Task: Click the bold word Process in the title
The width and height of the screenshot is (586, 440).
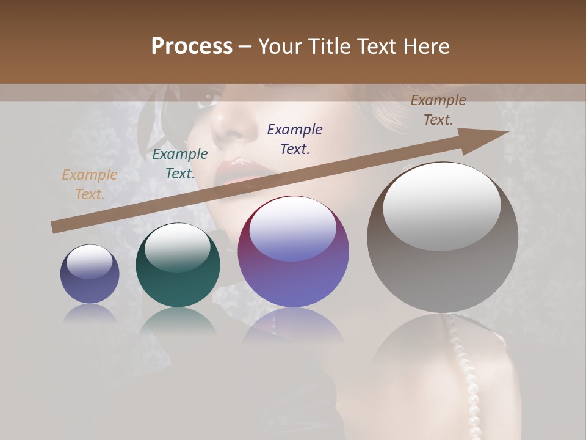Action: pyautogui.click(x=192, y=46)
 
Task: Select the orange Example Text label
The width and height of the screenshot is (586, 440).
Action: pyautogui.click(x=90, y=185)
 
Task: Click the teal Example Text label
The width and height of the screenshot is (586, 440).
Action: pyautogui.click(x=180, y=164)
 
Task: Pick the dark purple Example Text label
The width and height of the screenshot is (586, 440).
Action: pyautogui.click(x=295, y=139)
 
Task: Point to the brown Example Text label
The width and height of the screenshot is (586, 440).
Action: pyautogui.click(x=438, y=110)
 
